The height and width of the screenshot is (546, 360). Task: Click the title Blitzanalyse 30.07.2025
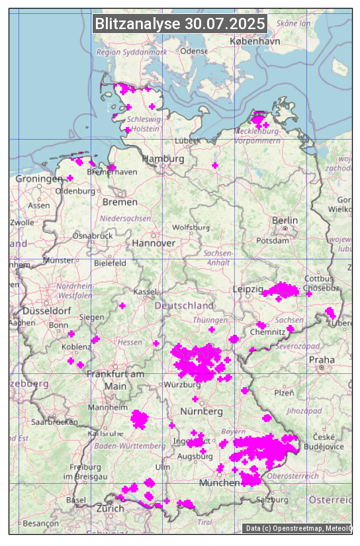point(180,24)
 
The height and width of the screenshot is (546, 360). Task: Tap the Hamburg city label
point(163,159)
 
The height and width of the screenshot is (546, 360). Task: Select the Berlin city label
point(285,220)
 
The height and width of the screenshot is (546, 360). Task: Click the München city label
point(219,482)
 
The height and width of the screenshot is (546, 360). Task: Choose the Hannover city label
point(154,243)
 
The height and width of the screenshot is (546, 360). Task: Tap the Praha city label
point(322,359)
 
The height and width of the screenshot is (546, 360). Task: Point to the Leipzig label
point(248,289)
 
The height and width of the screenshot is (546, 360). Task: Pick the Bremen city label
point(120,201)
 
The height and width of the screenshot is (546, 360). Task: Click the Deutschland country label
point(184,305)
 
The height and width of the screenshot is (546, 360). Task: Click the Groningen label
point(38,179)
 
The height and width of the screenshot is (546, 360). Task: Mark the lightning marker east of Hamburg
point(214,165)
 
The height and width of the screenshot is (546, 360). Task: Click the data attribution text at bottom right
point(298,527)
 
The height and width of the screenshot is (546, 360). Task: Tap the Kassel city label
point(144,291)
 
